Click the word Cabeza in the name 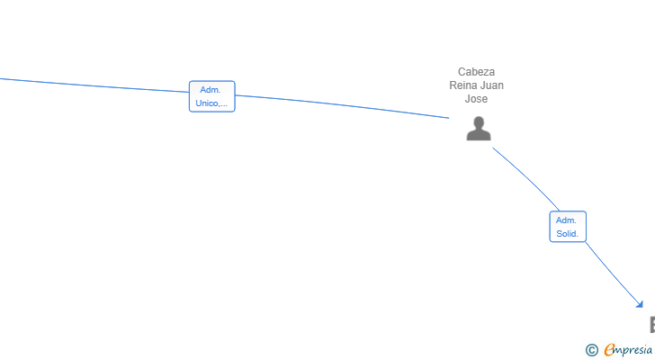[476, 72]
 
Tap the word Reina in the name [462, 85]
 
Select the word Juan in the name [490, 85]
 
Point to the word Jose [476, 99]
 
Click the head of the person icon [479, 122]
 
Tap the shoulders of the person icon [479, 135]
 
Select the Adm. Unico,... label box [212, 96]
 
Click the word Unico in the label [207, 103]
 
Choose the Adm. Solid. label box [568, 227]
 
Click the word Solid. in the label [567, 234]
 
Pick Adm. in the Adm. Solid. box [566, 220]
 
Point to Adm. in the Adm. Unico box [211, 90]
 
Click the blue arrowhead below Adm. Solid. [640, 304]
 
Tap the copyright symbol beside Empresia [592, 350]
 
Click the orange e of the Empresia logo [610, 349]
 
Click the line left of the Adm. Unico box [94, 85]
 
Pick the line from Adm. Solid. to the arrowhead [614, 274]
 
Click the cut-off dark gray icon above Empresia [652, 325]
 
